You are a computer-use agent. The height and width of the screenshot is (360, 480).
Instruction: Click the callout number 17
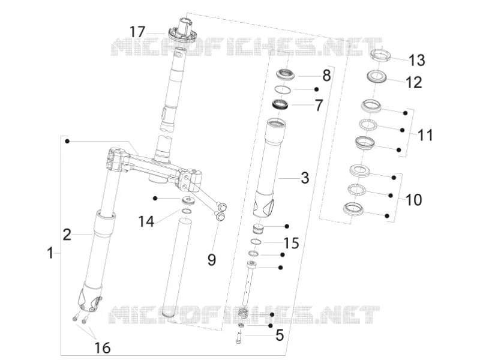[x=137, y=32]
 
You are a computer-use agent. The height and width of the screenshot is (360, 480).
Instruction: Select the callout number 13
[x=417, y=60]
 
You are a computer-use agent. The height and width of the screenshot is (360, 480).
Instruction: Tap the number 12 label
[x=414, y=82]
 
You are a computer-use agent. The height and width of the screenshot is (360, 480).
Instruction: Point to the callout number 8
[x=326, y=76]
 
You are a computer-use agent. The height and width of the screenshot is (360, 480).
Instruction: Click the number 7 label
[x=319, y=106]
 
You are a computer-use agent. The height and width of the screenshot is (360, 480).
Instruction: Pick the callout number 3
[x=305, y=178]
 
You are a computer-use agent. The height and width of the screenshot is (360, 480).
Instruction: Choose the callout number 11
[x=425, y=134]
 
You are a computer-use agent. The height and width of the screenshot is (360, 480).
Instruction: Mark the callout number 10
[x=414, y=200]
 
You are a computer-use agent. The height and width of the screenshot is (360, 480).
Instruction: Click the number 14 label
[x=146, y=221]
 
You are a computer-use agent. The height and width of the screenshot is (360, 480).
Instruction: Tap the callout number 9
[x=212, y=260]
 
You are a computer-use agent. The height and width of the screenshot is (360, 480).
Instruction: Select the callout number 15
[x=291, y=243]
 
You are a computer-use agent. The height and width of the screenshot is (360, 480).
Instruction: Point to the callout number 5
[x=280, y=335]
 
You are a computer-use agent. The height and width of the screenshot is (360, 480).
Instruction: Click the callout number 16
[x=102, y=348]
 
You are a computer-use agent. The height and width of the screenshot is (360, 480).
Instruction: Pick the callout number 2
[x=67, y=235]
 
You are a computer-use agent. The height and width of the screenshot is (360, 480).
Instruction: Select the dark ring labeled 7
[x=281, y=104]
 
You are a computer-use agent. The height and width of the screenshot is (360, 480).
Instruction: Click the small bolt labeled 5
[x=239, y=337]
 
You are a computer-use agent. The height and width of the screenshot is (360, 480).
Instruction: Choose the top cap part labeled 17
[x=183, y=30]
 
